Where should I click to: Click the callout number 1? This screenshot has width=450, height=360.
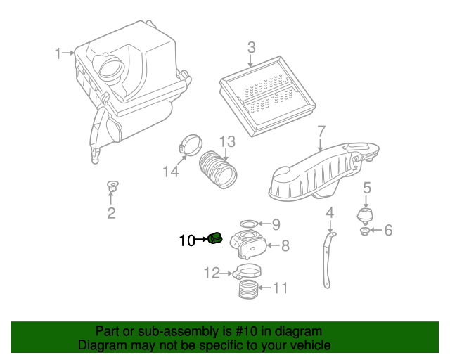(x=60, y=53)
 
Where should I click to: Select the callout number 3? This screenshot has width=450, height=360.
(x=251, y=48)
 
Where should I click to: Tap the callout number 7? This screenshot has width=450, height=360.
(x=321, y=131)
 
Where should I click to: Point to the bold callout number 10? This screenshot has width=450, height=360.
(x=187, y=240)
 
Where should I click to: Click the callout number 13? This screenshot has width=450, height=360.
(x=226, y=143)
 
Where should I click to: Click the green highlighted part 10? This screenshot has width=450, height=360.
(x=215, y=239)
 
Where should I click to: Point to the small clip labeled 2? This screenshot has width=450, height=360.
(x=111, y=187)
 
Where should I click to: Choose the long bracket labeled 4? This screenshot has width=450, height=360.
(x=327, y=257)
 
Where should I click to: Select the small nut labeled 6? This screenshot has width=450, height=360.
(x=364, y=231)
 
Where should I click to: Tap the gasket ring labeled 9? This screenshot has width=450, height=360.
(x=247, y=225)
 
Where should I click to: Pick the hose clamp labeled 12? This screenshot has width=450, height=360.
(x=247, y=272)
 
